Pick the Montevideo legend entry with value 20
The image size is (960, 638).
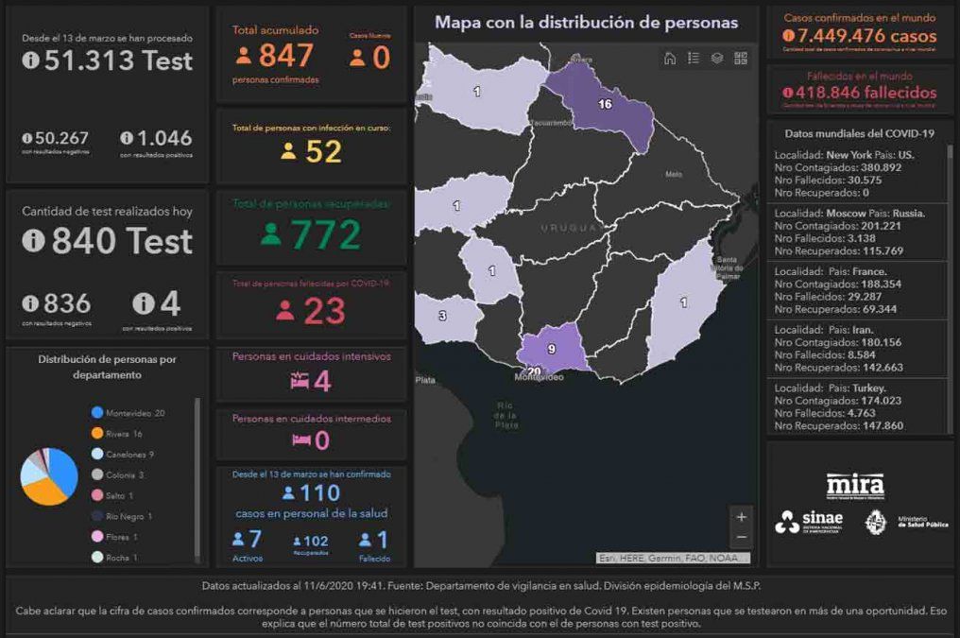coord(133,412)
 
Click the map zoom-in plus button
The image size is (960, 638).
coord(742,517)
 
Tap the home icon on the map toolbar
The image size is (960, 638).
coord(670,59)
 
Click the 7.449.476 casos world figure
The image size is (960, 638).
coord(860,36)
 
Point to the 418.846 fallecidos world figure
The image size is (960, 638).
coord(860,93)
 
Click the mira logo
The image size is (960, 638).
coord(855,485)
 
